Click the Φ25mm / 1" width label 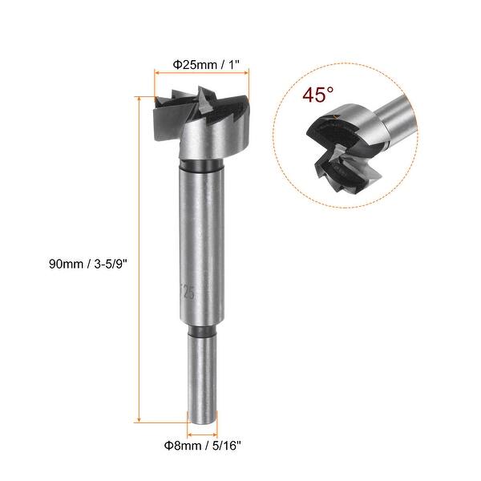(200, 58)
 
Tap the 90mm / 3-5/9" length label (88, 261)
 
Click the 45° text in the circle (318, 95)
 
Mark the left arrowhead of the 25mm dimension (156, 72)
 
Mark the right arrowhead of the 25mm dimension (245, 72)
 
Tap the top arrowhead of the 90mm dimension (140, 99)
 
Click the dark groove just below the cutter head (197, 167)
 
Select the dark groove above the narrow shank (201, 331)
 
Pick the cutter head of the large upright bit (200, 120)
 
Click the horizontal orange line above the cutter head (200, 72)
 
